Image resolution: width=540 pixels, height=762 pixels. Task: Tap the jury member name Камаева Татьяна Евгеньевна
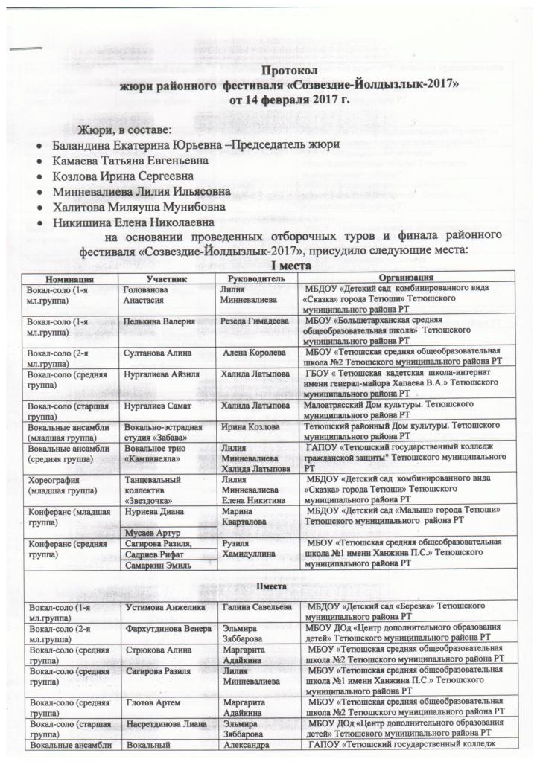pos(133,160)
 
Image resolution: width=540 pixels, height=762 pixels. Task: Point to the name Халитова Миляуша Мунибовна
pos(139,208)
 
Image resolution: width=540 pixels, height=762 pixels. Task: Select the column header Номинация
pos(72,278)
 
